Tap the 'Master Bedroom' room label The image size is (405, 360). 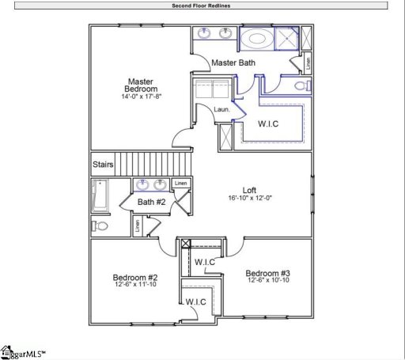[141, 85]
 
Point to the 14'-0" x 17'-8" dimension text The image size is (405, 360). [142, 97]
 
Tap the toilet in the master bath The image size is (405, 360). [301, 85]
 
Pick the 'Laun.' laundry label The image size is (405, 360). [221, 109]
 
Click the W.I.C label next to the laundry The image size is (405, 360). [268, 125]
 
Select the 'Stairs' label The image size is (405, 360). [103, 165]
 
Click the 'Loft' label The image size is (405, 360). [249, 190]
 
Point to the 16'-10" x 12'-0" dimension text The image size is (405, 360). [249, 199]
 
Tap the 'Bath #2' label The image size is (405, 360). [151, 203]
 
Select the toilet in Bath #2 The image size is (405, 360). [100, 225]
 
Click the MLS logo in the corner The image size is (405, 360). [23, 351]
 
